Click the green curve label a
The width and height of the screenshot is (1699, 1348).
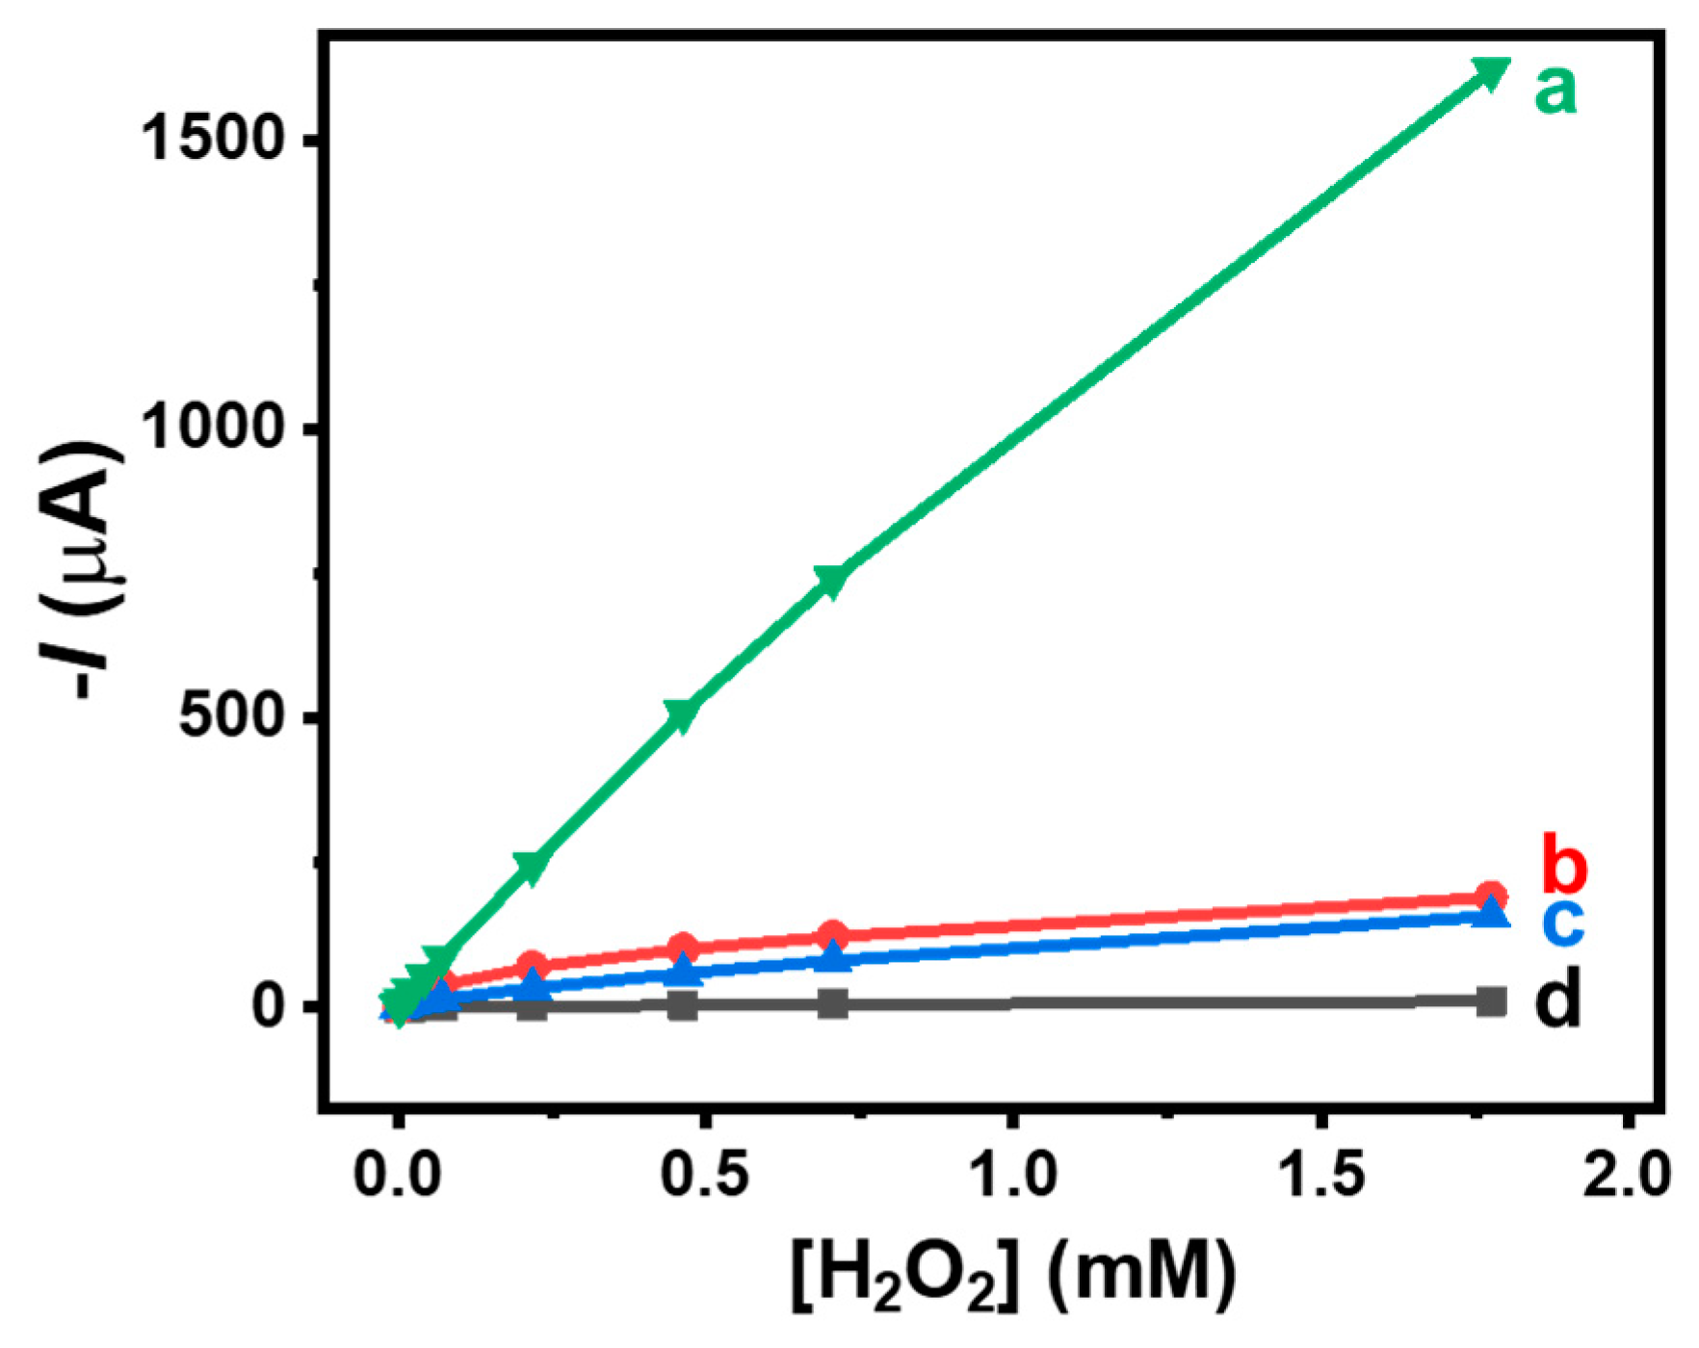[1556, 91]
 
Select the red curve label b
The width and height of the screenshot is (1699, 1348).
[1564, 863]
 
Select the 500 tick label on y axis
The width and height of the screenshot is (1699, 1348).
[234, 717]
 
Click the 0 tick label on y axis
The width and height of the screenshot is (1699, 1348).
[274, 1005]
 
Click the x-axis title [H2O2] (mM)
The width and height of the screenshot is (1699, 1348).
[1013, 1276]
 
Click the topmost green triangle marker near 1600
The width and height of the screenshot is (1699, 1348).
[1490, 73]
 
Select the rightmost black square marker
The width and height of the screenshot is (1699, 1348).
[1491, 1001]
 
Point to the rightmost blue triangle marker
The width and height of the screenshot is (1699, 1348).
[1491, 912]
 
